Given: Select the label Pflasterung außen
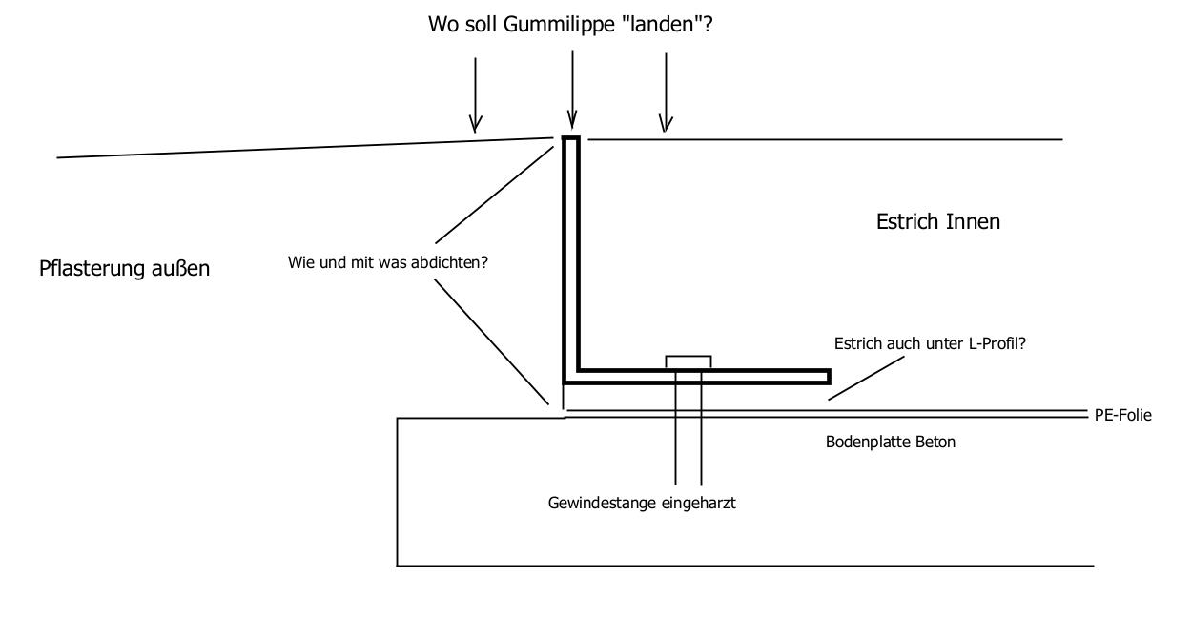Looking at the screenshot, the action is coord(125,268).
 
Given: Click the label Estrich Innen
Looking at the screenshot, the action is coord(938,221).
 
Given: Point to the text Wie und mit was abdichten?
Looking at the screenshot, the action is coord(388,262).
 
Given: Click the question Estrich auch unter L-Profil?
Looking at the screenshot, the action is coord(930,343).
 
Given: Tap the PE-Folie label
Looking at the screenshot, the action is coord(1122,415).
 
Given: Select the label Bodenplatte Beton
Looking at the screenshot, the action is coord(891,442).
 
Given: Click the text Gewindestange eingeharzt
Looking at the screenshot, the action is coord(642,503).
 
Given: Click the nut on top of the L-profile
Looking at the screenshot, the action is coord(688,361).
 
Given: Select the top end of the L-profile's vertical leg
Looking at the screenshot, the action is coord(571,138).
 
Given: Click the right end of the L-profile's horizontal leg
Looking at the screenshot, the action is coord(829,377).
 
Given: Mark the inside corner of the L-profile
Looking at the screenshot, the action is coord(579,369).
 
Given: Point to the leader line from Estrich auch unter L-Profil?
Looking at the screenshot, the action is coord(866,378).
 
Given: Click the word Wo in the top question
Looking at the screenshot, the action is coord(443,25).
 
